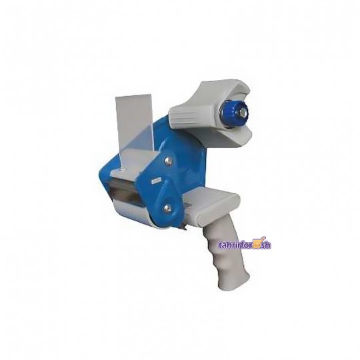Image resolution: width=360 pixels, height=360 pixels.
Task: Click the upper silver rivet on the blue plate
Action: pos(168,161)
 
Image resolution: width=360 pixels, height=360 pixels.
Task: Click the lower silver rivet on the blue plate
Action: pos(167,209)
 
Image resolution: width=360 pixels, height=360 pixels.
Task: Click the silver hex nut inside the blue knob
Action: pos(243,113)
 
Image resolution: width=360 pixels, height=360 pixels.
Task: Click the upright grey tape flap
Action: pos(133,124)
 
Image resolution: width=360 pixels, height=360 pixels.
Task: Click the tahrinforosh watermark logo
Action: pos(244,245)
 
